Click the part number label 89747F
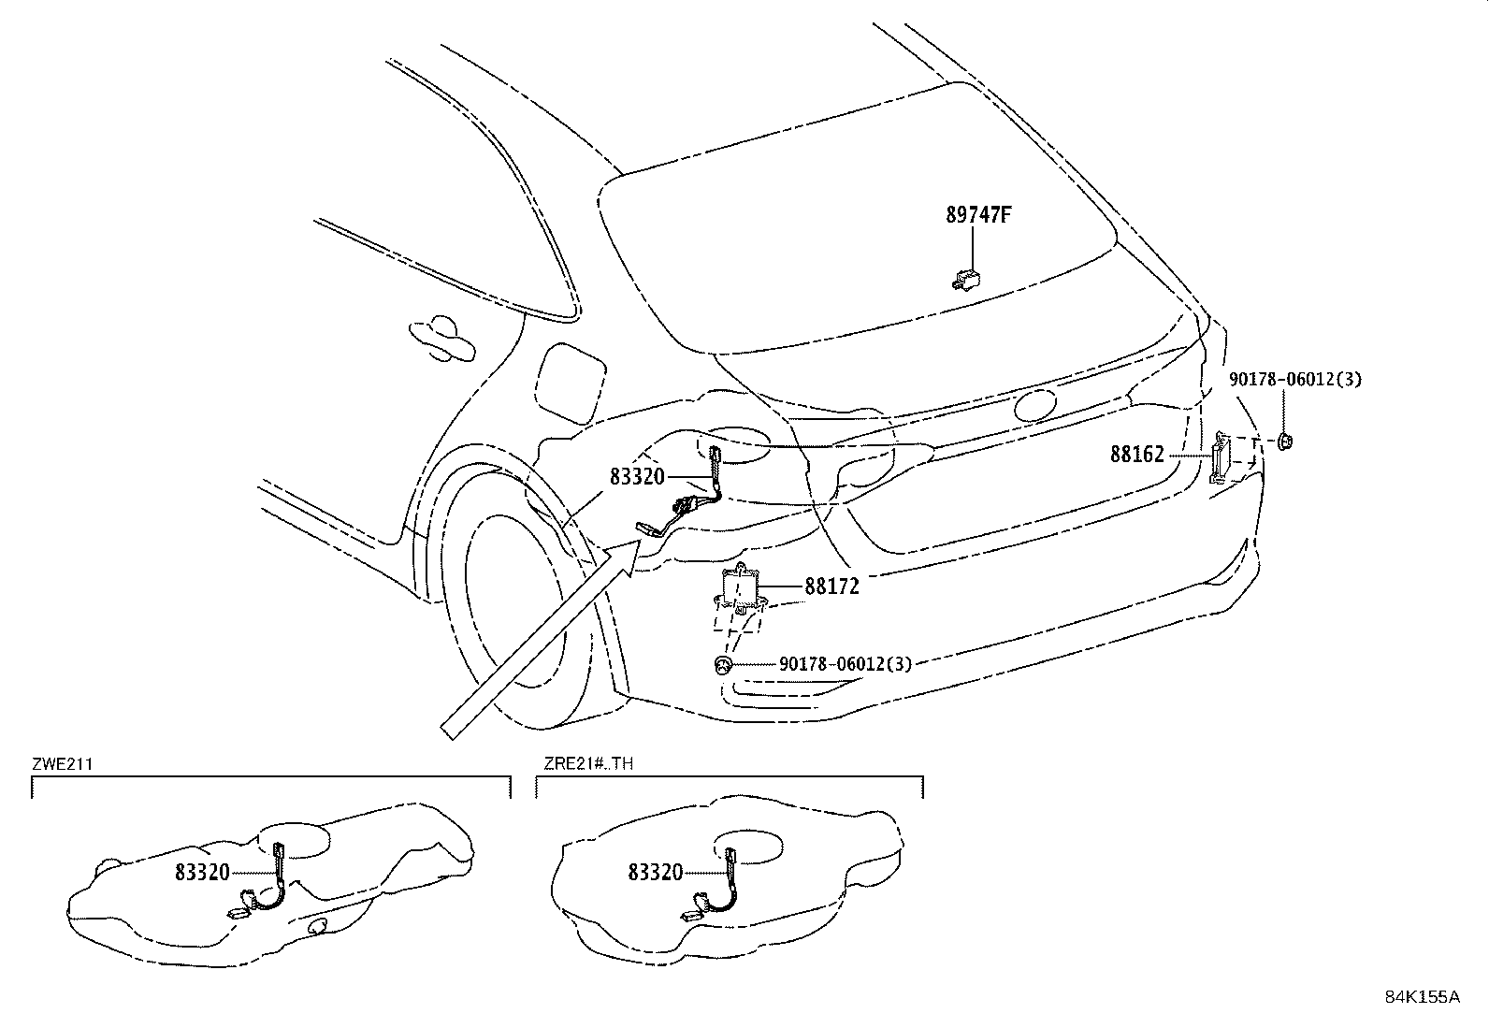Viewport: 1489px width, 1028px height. [x=978, y=215]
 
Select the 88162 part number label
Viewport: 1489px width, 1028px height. [x=1137, y=455]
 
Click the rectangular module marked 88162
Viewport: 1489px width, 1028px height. [x=1222, y=456]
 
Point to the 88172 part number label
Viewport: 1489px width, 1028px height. [x=831, y=586]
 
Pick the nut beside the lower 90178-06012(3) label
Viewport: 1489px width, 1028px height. [x=721, y=664]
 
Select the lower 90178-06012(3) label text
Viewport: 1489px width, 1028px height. [x=845, y=664]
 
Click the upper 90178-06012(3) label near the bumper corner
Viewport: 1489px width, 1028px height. [x=1295, y=379]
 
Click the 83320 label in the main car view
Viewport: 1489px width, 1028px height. [x=637, y=477]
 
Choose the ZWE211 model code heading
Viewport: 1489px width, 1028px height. [x=63, y=763]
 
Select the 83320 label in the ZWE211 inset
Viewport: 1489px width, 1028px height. [x=202, y=873]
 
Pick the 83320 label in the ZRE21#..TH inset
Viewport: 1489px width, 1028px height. [x=656, y=873]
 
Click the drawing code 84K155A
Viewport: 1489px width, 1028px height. [x=1422, y=997]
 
